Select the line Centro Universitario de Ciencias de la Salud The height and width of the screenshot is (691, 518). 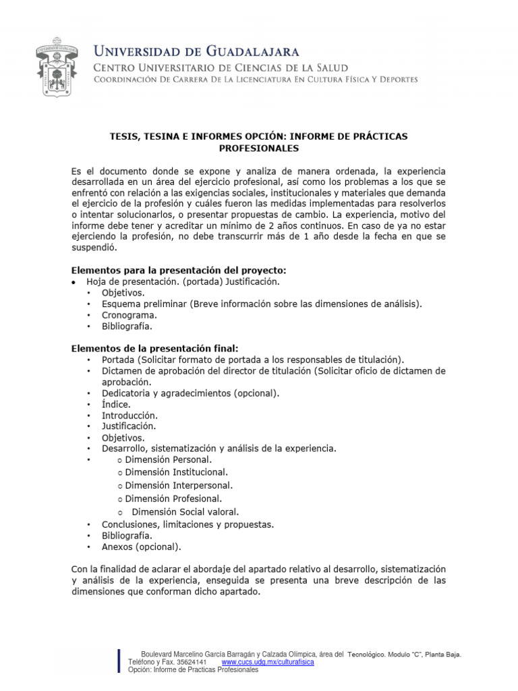point(220,67)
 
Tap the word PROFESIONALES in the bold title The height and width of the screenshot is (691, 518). point(258,148)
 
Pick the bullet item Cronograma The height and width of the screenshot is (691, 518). point(129,315)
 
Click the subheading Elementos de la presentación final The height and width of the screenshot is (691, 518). point(154,348)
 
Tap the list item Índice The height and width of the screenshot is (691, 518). point(116,404)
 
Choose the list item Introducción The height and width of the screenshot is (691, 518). point(129,415)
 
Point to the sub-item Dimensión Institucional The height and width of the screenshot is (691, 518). point(176,472)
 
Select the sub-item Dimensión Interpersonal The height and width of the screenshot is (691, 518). point(179,485)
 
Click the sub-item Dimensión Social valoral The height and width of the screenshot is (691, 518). point(185,512)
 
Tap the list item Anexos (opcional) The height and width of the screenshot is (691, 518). point(141,547)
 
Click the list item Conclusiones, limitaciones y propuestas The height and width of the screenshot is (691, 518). point(188,524)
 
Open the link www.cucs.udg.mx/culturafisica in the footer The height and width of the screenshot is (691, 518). point(268,663)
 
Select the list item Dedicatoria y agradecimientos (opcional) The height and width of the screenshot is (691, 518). point(190,393)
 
